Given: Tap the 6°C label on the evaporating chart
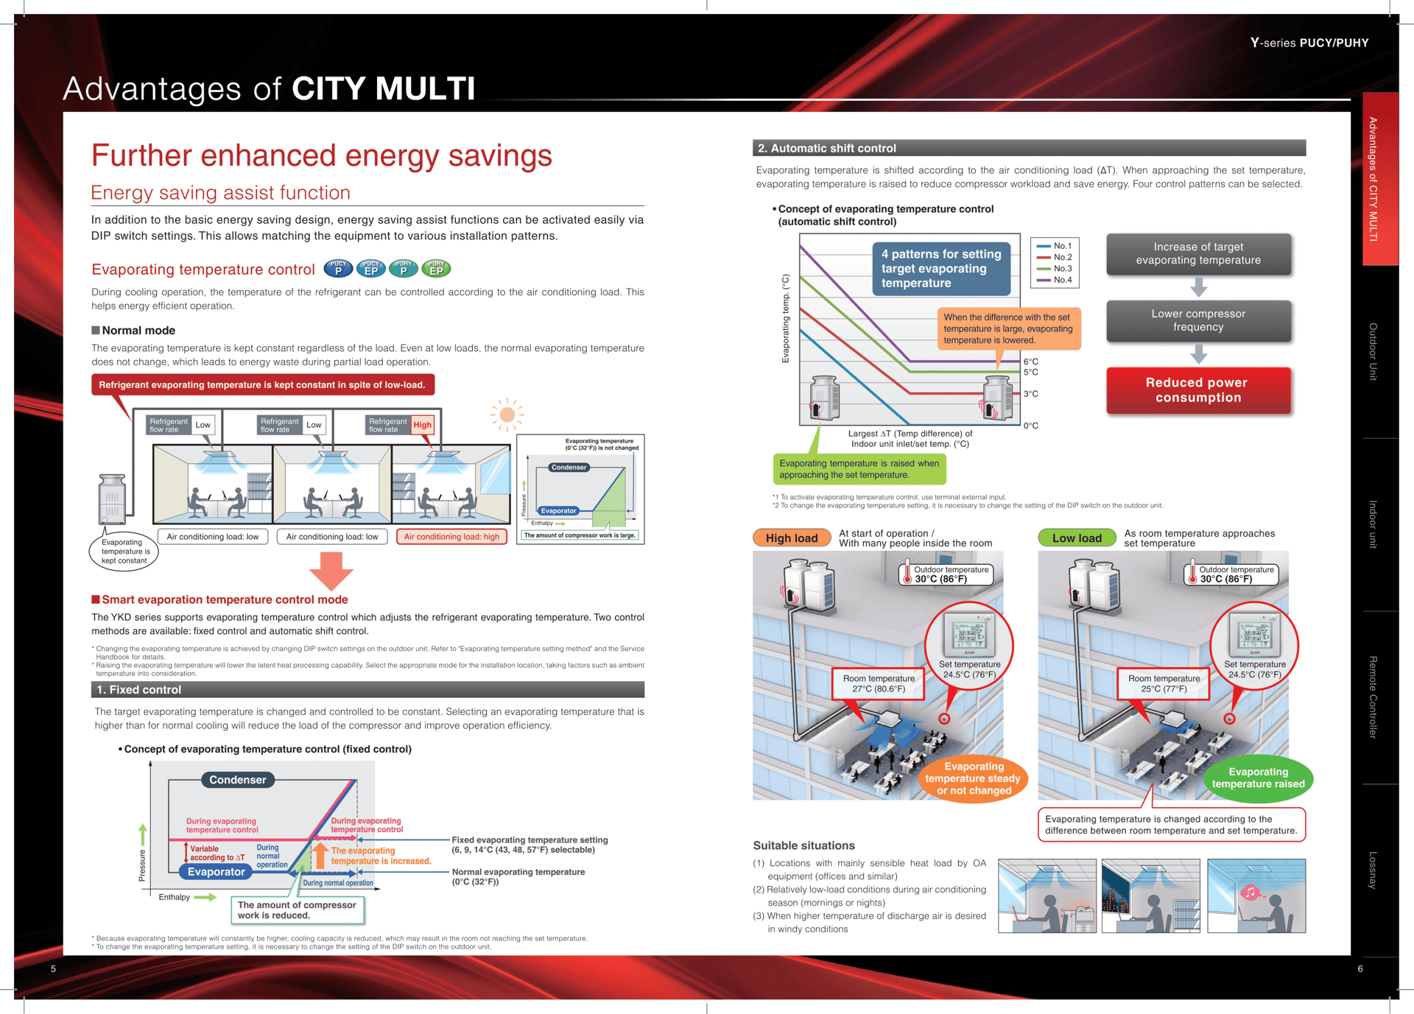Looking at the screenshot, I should (1031, 362).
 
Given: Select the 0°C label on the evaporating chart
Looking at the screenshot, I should (1031, 426).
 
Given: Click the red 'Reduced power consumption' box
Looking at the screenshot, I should (1197, 390).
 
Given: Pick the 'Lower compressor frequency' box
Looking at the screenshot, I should (1198, 320).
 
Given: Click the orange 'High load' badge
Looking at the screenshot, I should (792, 538).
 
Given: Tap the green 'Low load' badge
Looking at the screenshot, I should (1077, 538).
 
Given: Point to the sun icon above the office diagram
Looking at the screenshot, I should (507, 415).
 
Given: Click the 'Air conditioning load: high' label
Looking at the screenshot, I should (451, 537).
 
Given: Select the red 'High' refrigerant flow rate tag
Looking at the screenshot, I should (422, 425).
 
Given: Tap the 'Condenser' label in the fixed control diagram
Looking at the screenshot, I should (237, 780).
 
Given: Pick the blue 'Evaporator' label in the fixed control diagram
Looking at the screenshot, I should (216, 872).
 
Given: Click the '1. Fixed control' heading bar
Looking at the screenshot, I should (367, 690).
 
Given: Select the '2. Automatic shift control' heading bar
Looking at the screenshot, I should (1029, 148).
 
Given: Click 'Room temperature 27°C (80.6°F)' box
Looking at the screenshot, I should (879, 684).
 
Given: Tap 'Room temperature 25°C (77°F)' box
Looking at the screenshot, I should (1164, 684).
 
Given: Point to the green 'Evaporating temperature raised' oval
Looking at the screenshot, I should (1258, 778).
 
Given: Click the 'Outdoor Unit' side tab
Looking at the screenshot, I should (1373, 351).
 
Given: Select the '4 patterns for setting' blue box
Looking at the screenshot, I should (941, 269).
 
